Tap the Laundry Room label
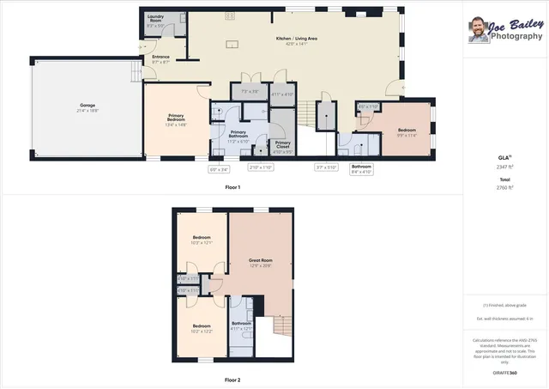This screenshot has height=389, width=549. pos(155,17)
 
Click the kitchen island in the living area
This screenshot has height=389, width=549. pos(231,44)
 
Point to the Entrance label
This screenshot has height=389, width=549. pos(160,58)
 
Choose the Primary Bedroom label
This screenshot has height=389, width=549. pos(176,119)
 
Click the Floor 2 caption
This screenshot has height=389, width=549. pos(232,379)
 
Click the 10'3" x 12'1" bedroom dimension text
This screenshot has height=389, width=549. pos(202,243)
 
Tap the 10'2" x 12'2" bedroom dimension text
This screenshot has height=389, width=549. pos(202,331)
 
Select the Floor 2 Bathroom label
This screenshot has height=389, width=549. pos(241,324)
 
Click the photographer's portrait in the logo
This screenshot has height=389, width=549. pos(479,30)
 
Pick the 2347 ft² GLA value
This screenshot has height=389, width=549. pos(505,167)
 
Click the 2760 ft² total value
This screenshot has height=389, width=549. pos(505,185)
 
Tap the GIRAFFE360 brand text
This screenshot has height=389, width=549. pos(505,373)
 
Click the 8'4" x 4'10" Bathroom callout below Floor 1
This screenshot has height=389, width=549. pos(361,169)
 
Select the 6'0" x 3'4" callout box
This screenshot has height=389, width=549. pos(219,168)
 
